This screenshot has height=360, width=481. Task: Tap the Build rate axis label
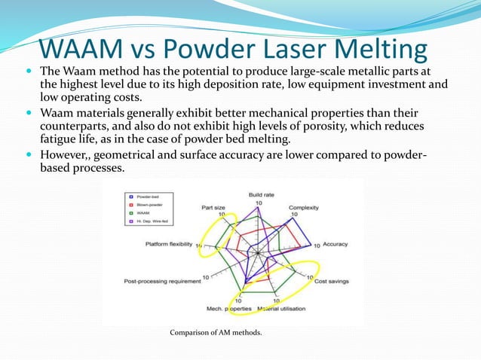click(261, 194)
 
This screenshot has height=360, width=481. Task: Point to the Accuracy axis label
click(335, 245)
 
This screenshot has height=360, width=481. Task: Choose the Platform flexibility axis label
click(170, 245)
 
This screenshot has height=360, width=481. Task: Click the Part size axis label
click(214, 206)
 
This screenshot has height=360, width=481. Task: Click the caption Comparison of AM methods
click(216, 332)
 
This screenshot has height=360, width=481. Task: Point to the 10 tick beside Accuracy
click(317, 246)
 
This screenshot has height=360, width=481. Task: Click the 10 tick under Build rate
click(258, 203)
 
